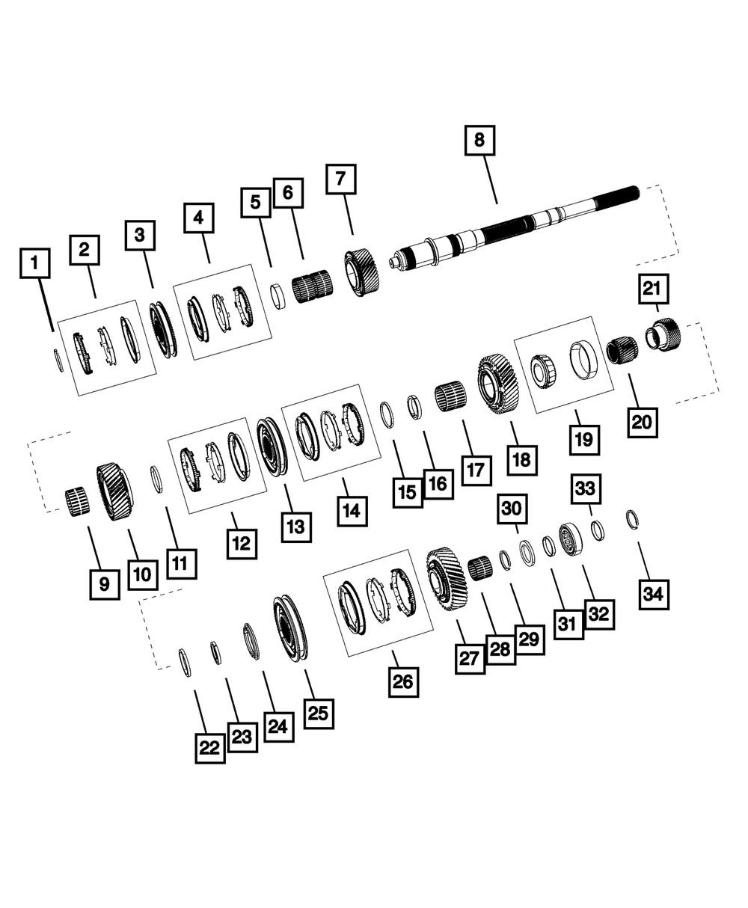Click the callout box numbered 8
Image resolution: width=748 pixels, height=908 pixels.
479,141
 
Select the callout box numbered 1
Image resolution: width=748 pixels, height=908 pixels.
35,263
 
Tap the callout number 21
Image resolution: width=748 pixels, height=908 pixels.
653,289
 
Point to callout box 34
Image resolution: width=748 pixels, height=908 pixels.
654,595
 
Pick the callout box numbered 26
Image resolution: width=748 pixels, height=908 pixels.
404,682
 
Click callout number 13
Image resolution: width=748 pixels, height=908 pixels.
296,527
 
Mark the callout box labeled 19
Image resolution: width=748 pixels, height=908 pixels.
584,440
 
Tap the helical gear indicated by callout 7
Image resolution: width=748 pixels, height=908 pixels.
361,273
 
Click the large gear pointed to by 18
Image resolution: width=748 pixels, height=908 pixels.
498,384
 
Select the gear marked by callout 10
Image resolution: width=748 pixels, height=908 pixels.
114,491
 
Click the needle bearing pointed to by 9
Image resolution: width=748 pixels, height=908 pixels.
77,502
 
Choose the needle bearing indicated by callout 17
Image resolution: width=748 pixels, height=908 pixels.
450,397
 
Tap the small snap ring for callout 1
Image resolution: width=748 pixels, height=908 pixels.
58,360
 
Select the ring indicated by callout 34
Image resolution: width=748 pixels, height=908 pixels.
632,520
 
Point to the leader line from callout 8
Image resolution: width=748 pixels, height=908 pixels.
491,180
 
